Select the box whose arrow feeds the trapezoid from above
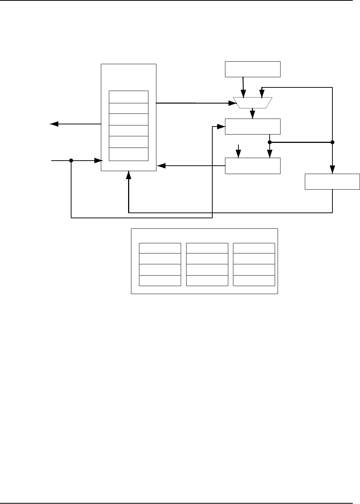click(x=253, y=69)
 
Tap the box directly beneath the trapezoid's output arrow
click(x=253, y=126)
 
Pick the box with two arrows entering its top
click(x=253, y=166)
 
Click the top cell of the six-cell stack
click(x=128, y=97)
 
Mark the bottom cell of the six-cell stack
click(x=128, y=154)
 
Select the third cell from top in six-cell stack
click(x=128, y=119)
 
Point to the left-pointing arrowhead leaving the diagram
click(x=54, y=124)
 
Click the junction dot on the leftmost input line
click(x=71, y=160)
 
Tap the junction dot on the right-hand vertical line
click(x=332, y=142)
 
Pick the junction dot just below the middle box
click(x=270, y=142)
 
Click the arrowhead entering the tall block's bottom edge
click(x=128, y=175)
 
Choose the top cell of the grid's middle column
click(x=207, y=248)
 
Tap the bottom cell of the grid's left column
click(x=160, y=281)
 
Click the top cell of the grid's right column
click(x=254, y=248)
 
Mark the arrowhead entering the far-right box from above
click(x=332, y=170)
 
